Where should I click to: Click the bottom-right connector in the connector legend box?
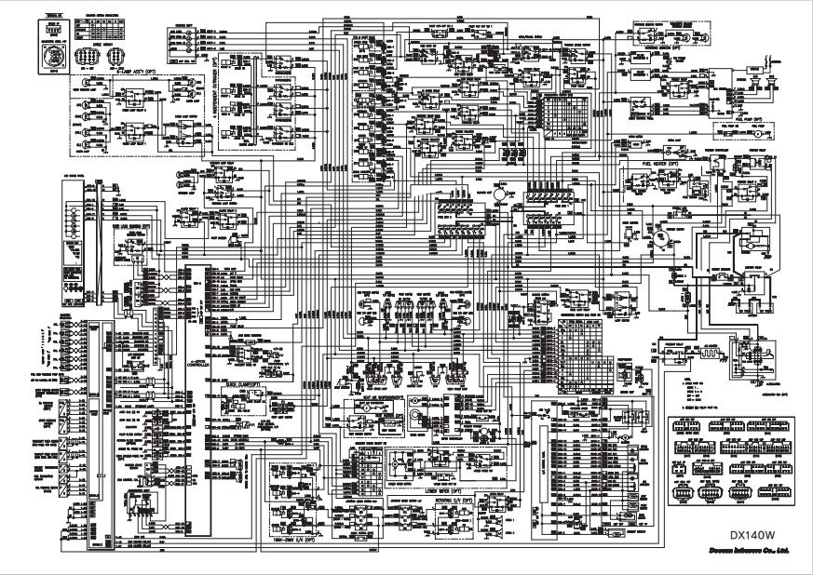coord(772,493)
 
